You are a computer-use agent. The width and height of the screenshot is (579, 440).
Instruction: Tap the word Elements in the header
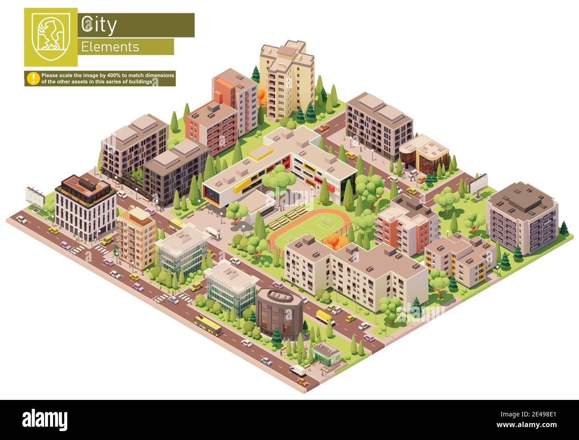tap(110, 47)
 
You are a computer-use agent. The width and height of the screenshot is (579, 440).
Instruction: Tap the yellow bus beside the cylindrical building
tap(324, 317)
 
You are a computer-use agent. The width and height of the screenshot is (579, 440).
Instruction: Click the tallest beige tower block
tap(287, 78)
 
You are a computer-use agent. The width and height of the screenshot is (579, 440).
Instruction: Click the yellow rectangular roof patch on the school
tap(260, 154)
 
